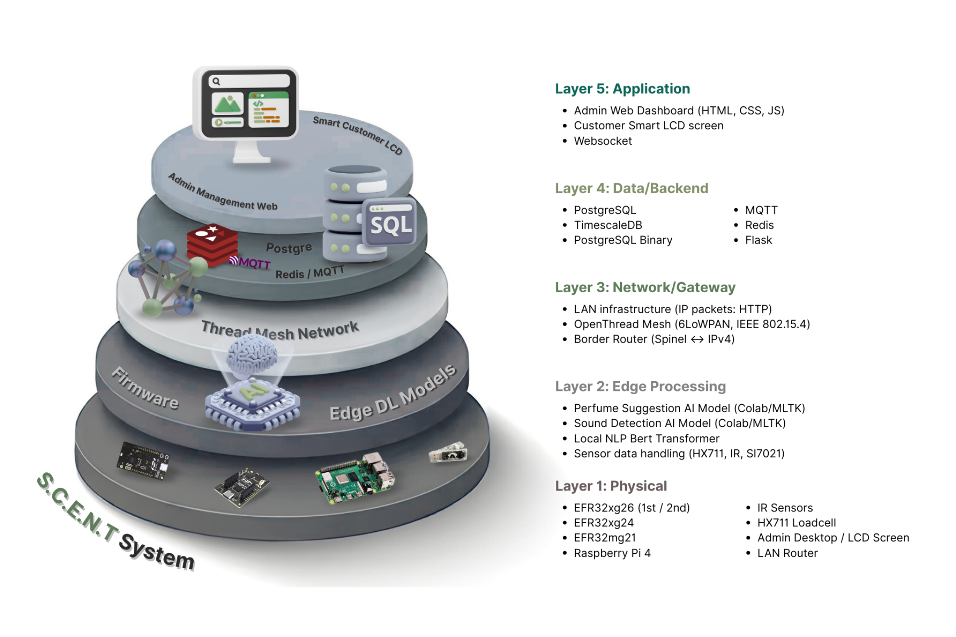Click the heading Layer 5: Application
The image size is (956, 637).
(622, 89)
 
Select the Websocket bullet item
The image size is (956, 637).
(603, 141)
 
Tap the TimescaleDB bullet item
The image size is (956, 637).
(608, 225)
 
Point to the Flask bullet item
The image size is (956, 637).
(758, 240)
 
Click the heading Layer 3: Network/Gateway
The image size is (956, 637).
(645, 287)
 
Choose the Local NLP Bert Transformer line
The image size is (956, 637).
(647, 439)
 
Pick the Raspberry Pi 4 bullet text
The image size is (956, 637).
(612, 553)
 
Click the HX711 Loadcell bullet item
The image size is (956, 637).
(796, 523)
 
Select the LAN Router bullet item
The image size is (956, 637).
(787, 553)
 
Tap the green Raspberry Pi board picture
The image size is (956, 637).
(355, 478)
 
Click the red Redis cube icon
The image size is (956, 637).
(212, 244)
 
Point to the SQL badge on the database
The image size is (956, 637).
(390, 224)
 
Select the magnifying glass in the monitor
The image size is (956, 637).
(216, 82)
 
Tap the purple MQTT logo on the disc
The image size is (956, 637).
(250, 263)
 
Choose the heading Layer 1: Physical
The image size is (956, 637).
(611, 486)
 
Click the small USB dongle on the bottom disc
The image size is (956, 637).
(448, 452)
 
